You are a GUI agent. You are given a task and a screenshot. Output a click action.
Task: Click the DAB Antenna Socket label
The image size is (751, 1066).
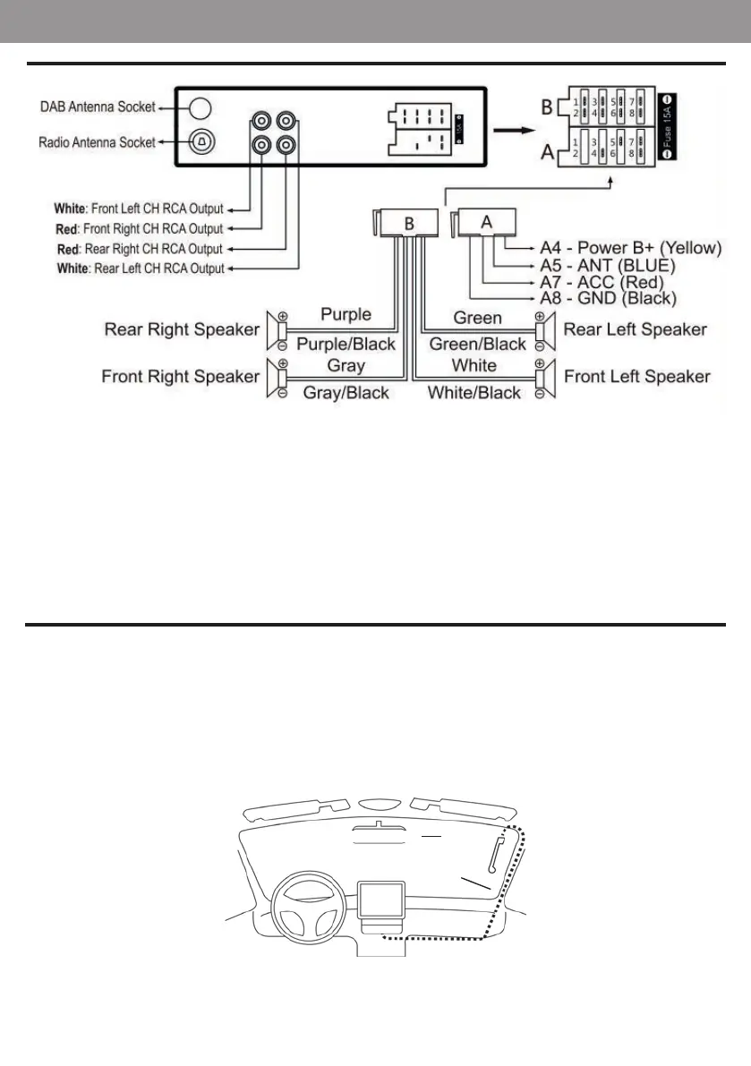pyautogui.click(x=98, y=107)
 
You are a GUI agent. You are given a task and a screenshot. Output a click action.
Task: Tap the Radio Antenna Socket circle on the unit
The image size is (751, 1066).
pyautogui.click(x=201, y=141)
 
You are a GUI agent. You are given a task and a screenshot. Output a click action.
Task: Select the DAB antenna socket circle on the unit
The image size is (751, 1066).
pyautogui.click(x=201, y=107)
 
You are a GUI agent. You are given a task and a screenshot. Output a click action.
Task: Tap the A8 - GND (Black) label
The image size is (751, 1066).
pyautogui.click(x=608, y=298)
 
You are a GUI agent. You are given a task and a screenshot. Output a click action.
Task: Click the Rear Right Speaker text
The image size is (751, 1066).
pyautogui.click(x=182, y=329)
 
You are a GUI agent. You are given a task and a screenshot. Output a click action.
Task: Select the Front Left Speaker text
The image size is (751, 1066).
pyautogui.click(x=636, y=376)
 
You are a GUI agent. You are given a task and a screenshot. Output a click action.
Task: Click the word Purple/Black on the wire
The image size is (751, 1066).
pyautogui.click(x=345, y=345)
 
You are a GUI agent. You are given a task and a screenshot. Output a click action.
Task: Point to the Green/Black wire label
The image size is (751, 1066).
pyautogui.click(x=477, y=345)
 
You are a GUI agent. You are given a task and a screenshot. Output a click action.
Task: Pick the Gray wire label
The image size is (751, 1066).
pyautogui.click(x=346, y=366)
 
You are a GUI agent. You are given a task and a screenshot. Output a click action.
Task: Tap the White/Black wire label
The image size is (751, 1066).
pyautogui.click(x=474, y=392)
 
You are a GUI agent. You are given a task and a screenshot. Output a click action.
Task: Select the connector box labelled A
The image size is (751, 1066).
pyautogui.click(x=486, y=222)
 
